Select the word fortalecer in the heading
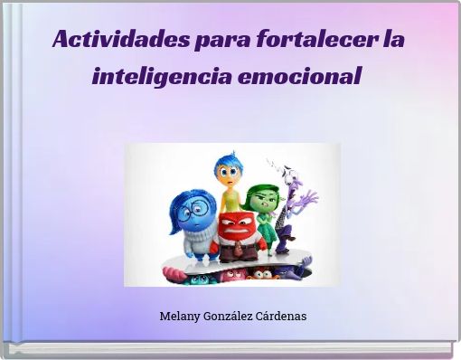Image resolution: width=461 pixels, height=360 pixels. [x=316, y=40]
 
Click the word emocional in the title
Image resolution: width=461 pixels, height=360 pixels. [x=299, y=75]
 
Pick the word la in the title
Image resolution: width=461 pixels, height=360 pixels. [x=394, y=40]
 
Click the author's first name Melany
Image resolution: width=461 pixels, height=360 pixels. [x=180, y=317]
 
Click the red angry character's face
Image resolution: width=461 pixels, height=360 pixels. [x=237, y=225]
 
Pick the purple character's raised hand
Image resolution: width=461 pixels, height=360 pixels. [x=308, y=197]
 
